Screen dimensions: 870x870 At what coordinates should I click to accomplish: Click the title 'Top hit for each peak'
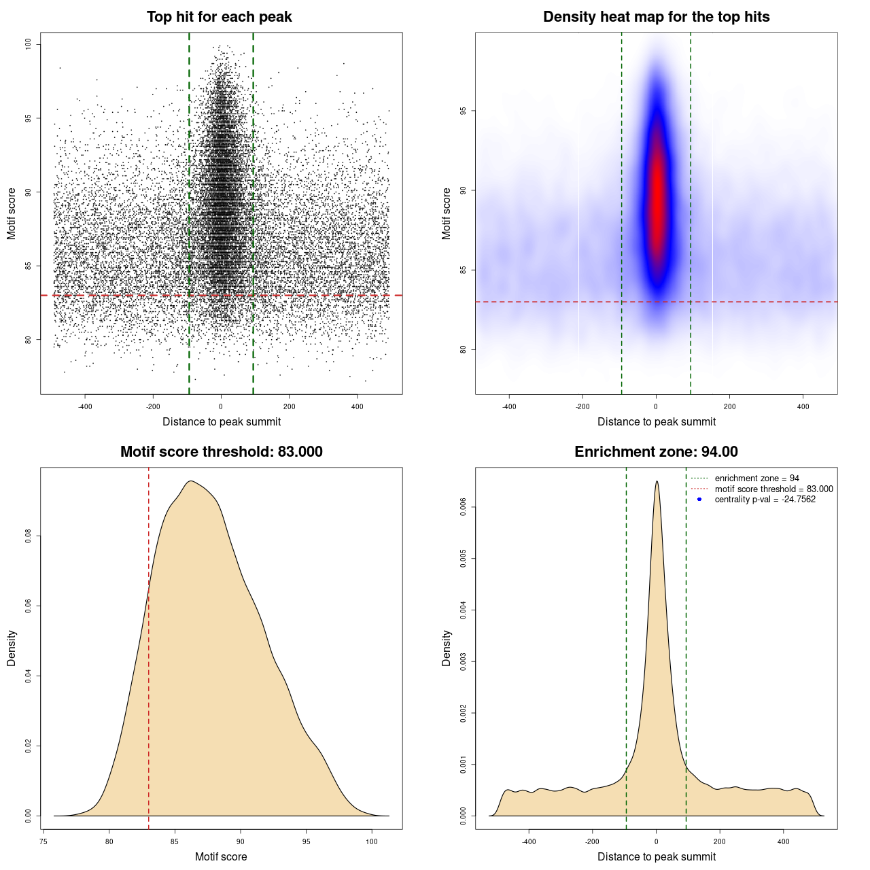coord(219,17)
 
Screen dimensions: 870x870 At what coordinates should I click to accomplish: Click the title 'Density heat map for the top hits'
coord(656,17)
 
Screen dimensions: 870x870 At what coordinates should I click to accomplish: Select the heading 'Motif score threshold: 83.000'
coord(221,452)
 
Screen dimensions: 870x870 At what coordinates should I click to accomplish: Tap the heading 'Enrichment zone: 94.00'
coord(656,452)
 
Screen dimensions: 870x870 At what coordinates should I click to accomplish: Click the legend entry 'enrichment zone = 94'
coord(756,478)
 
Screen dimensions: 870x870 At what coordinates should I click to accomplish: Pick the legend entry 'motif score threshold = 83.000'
coord(773,489)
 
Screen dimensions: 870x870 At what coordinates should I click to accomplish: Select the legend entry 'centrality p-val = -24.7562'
coord(765,500)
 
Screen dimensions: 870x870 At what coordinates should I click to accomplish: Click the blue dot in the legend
coord(699,500)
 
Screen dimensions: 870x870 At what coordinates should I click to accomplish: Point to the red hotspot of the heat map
coord(657,197)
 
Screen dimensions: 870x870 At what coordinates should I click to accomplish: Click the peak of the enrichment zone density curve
coord(657,482)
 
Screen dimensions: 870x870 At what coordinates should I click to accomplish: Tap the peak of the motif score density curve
coord(191,481)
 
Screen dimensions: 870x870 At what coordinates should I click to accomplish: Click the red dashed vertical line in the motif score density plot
coord(149,646)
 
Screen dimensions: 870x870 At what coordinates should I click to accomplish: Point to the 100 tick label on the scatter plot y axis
coord(29,45)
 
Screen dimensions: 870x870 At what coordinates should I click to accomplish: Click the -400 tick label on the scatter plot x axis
coord(85,407)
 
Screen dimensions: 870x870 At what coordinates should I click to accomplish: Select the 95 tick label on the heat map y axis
coord(464,111)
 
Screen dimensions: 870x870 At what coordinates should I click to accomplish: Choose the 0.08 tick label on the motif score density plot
coord(29,537)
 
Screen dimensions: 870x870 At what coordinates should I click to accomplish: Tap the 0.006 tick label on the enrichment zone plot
coord(464,507)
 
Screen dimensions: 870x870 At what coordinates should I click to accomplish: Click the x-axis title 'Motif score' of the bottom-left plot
coord(221,856)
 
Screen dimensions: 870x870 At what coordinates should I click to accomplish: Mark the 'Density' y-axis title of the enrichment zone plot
coord(447,648)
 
